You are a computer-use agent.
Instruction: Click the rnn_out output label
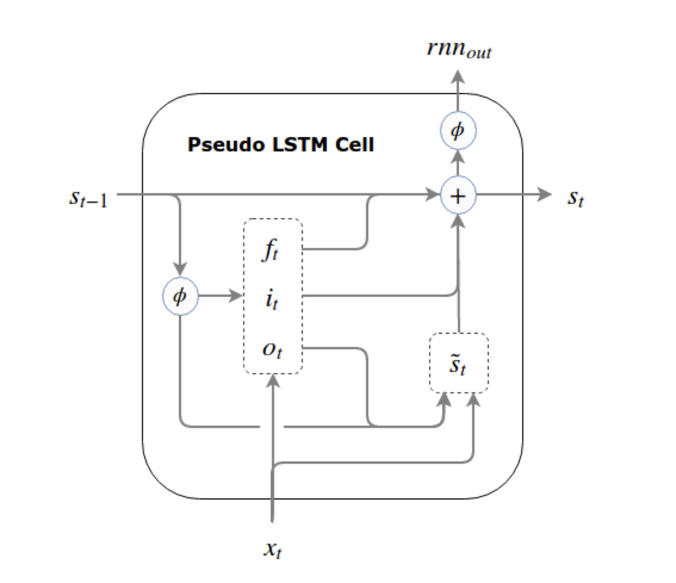(459, 49)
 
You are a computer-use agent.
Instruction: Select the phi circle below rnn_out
(458, 131)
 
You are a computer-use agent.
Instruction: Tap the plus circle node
(458, 196)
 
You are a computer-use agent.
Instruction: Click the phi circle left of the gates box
(180, 296)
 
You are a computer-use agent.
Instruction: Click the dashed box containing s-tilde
(459, 363)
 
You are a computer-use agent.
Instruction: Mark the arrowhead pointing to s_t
(545, 195)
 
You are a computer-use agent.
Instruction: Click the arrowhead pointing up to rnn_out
(458, 76)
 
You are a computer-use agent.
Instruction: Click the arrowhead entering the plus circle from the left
(433, 195)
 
